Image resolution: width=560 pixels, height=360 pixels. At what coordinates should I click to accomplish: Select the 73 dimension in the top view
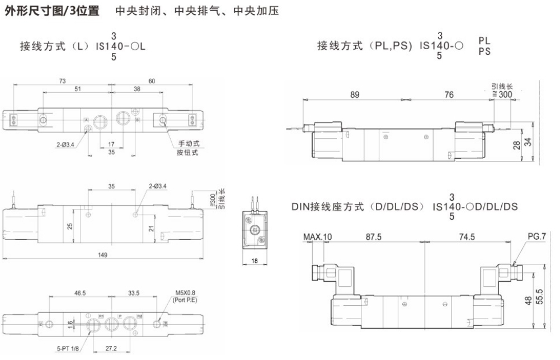coord(62,82)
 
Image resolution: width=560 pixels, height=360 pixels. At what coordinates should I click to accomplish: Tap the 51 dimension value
coord(77,89)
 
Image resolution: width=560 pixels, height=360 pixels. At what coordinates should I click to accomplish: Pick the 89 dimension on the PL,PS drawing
coord(355,95)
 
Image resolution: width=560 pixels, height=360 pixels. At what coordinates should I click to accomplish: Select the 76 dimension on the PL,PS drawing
coord(449,95)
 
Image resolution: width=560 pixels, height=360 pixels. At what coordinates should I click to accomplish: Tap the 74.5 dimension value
coord(467,237)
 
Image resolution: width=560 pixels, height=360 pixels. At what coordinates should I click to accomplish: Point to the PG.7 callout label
coord(535,237)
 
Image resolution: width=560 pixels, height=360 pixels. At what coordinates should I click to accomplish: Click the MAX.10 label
coord(317,237)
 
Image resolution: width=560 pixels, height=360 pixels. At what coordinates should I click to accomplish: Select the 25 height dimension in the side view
coord(69,225)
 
